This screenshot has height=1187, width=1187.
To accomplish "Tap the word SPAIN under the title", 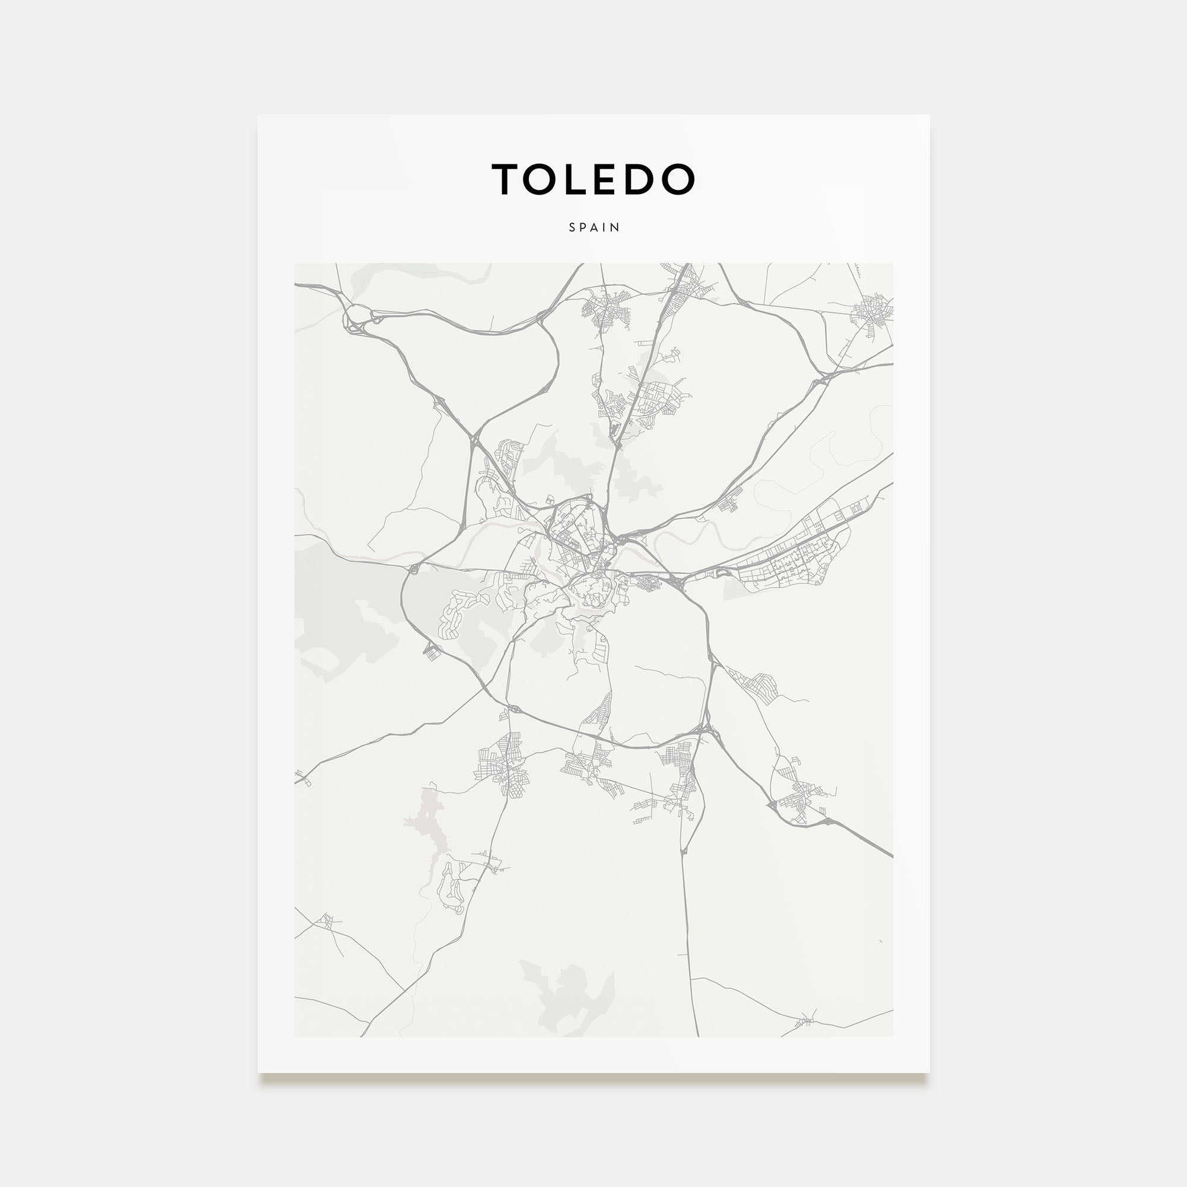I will pyautogui.click(x=594, y=227).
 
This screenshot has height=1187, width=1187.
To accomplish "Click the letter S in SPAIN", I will pyautogui.click(x=572, y=227).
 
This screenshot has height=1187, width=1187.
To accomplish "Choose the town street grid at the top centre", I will pyautogui.click(x=607, y=307).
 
